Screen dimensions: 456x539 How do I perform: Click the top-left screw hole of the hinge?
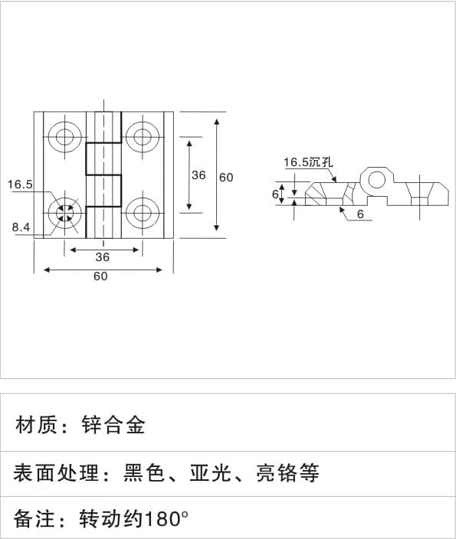[x=65, y=136]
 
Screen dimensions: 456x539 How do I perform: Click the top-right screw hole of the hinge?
[x=143, y=136]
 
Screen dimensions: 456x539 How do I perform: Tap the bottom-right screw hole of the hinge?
[x=143, y=213]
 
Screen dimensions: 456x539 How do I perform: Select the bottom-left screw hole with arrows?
[x=65, y=213]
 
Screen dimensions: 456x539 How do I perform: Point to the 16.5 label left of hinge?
[x=20, y=185]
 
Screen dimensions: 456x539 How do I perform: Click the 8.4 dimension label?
[x=21, y=227]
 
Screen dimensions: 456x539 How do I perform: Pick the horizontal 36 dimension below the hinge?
[x=103, y=256]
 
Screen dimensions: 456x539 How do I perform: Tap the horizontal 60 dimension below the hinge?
[x=100, y=276]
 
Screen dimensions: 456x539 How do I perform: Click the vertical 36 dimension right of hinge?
[x=198, y=175]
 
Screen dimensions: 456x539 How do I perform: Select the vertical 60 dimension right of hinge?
[x=226, y=178]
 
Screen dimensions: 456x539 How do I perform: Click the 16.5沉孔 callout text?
[x=308, y=162]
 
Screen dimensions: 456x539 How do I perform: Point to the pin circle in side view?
[x=377, y=179]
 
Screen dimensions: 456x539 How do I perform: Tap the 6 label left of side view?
[x=275, y=194]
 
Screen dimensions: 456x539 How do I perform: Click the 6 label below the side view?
[x=360, y=214]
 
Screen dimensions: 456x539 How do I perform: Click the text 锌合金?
[x=113, y=425]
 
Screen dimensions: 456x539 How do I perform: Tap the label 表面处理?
[x=56, y=472]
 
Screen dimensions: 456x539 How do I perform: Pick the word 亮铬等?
[x=287, y=472]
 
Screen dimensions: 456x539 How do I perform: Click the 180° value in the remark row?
[x=166, y=518]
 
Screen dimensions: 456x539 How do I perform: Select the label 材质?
[x=36, y=425]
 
